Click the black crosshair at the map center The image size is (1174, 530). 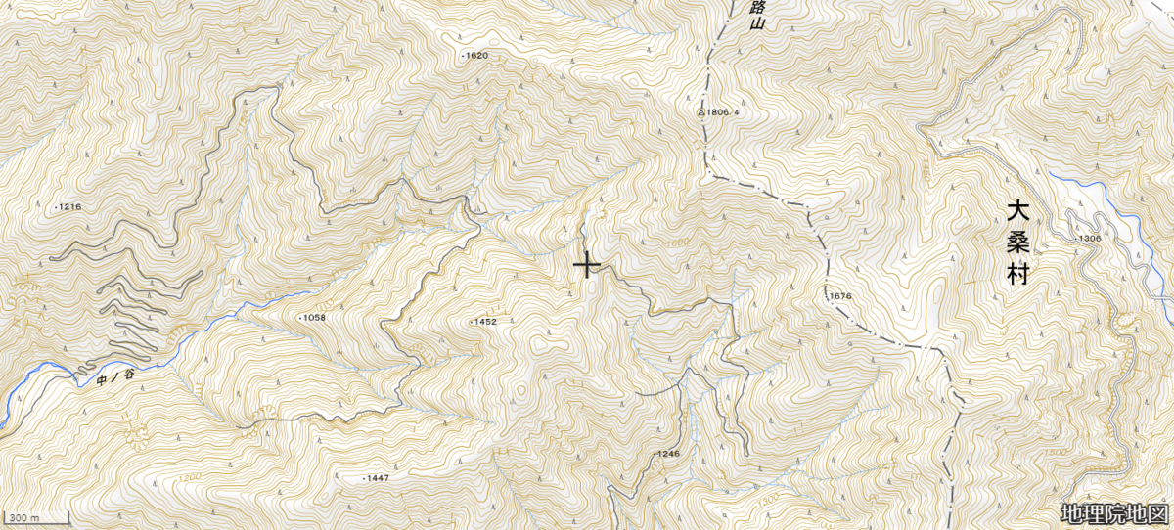click(x=587, y=265)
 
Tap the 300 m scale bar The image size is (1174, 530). click(x=35, y=517)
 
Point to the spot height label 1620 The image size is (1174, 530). click(x=475, y=56)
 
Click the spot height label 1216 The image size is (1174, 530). click(x=68, y=207)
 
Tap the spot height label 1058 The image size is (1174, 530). click(x=312, y=318)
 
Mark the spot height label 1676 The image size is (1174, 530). click(x=841, y=296)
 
